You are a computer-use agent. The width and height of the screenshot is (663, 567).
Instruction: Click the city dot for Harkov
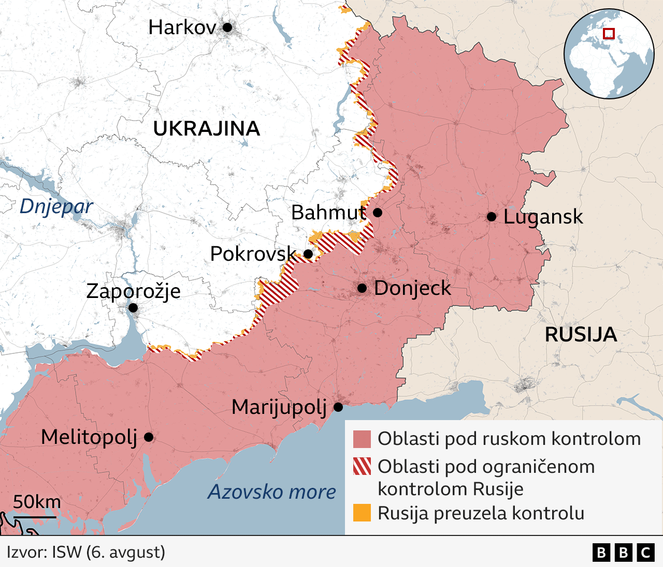227,27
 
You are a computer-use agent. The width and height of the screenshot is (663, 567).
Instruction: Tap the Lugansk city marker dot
492,217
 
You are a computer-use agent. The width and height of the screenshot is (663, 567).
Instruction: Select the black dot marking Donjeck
362,288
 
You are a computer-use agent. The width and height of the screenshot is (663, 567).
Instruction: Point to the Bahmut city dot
378,213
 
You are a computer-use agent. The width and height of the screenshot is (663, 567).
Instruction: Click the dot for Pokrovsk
308,254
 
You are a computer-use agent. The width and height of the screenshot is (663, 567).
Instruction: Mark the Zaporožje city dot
133,308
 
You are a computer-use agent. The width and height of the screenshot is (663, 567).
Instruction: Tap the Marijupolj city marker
338,407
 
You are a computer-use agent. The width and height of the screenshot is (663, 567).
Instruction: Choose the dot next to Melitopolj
149,437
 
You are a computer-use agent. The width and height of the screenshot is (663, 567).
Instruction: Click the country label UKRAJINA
206,129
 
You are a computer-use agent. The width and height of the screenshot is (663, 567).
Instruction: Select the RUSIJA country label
581,335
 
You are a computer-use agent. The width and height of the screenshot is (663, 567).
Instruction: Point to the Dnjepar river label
56,206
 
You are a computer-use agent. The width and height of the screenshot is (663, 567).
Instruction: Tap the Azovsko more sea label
272,492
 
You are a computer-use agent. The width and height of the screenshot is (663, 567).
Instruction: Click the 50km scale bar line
35,516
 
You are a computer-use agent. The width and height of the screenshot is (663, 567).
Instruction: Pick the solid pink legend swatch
362,439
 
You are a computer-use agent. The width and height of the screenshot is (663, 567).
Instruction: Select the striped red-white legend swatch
362,466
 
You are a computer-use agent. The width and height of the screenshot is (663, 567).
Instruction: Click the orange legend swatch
362,513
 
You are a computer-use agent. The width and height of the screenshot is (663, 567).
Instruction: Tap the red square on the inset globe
609,34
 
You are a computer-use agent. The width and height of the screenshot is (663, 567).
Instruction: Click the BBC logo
623,553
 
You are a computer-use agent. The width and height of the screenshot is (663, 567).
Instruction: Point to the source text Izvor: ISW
86,552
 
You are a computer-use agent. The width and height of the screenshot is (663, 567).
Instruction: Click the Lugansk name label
543,217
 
